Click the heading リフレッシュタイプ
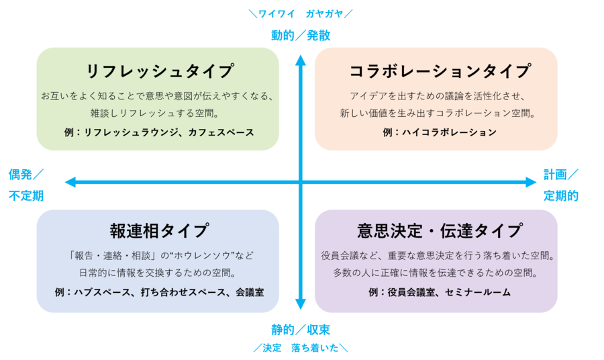pos(159,71)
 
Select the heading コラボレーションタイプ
pos(440,71)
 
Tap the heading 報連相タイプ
pos(159,230)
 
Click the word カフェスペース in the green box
pos(226,132)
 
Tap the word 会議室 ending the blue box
pos(248,292)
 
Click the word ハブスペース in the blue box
pos(102,292)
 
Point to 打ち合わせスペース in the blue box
pos(181,292)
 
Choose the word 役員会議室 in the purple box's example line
pos(411,292)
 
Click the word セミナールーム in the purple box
pos(477,292)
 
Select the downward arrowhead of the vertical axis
pos(301,304)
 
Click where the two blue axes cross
pos(301,181)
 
